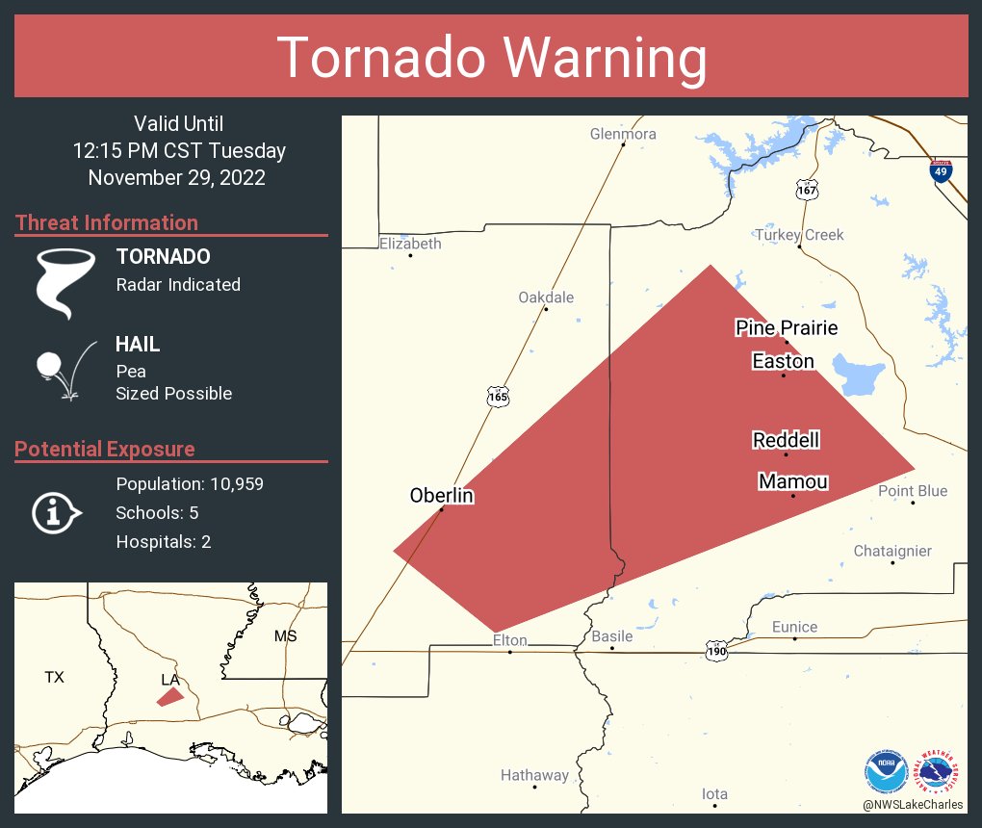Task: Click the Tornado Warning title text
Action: click(491, 57)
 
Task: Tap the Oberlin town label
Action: click(442, 495)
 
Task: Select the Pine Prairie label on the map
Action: click(787, 328)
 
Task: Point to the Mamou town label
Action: click(793, 481)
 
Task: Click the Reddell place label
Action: click(787, 440)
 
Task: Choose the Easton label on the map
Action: click(783, 361)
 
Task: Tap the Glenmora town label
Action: click(623, 134)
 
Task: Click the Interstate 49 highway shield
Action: click(942, 171)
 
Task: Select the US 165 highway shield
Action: click(497, 396)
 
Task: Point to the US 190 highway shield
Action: click(715, 650)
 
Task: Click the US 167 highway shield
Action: click(807, 190)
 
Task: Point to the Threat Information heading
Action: click(107, 222)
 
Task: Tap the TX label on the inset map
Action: click(54, 677)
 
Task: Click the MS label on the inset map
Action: click(286, 635)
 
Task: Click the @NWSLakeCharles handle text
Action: click(912, 804)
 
